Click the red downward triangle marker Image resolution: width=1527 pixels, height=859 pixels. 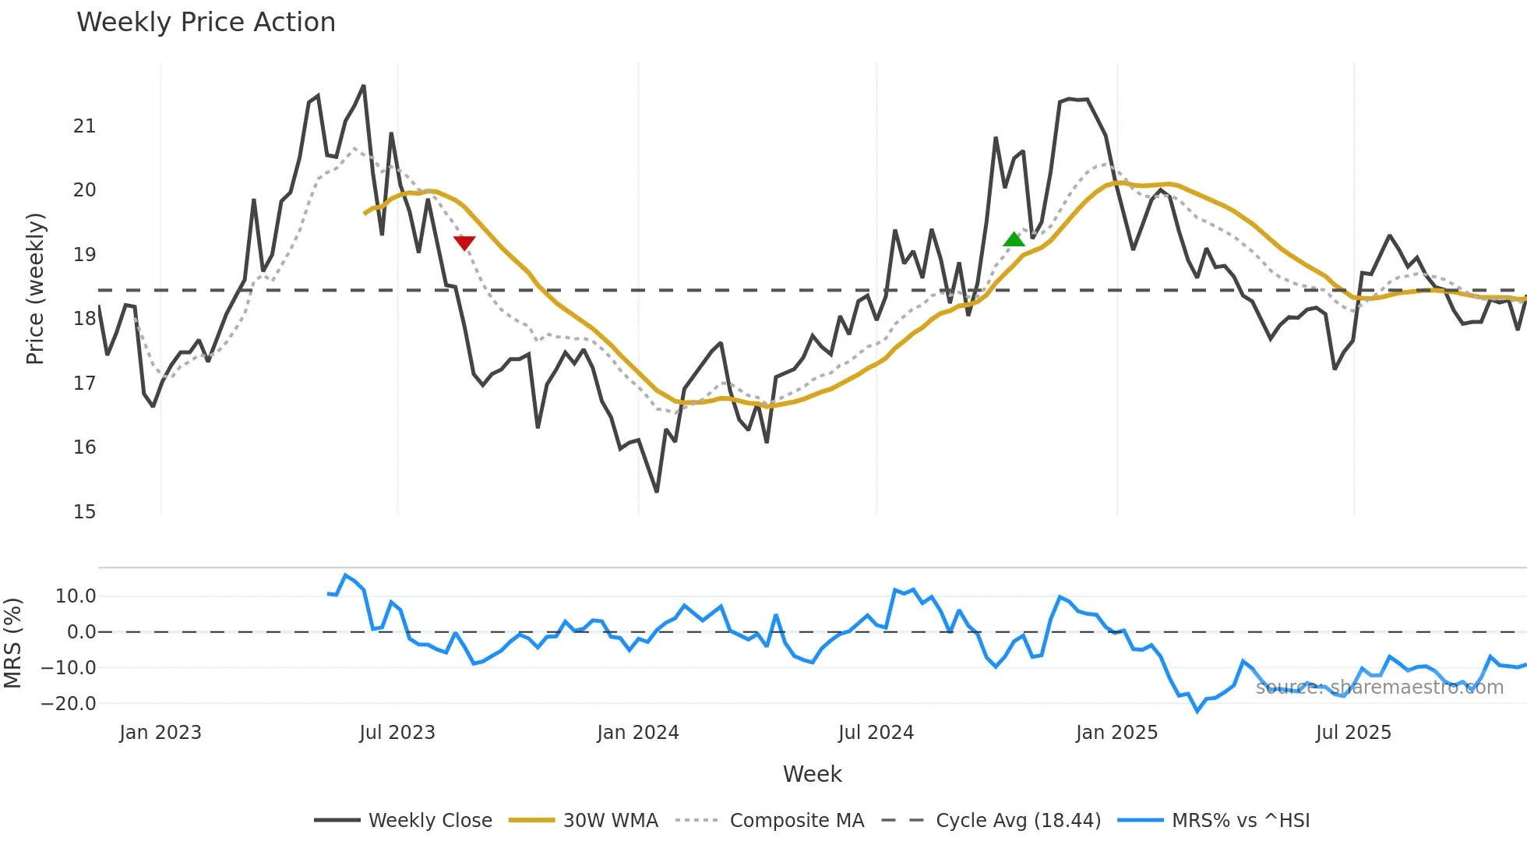click(464, 243)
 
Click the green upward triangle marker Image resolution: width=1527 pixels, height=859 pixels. click(1014, 239)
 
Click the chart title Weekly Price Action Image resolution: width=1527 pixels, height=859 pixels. click(206, 22)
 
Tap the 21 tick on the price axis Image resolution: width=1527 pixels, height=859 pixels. click(84, 126)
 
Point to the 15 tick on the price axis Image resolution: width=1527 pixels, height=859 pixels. click(84, 512)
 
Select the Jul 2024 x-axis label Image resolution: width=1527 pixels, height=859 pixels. click(876, 733)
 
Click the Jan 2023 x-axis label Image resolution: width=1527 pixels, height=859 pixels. click(160, 733)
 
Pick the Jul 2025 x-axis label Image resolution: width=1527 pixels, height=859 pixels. click(1353, 733)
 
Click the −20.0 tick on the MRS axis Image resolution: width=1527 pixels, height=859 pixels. click(69, 704)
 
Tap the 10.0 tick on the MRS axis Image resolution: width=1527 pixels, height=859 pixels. click(75, 596)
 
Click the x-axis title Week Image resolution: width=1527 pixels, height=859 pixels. click(812, 774)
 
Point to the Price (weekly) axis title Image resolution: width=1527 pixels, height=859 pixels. click(35, 288)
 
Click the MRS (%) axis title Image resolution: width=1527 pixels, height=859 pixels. click(12, 643)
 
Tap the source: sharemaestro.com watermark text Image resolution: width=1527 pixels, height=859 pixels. click(1379, 688)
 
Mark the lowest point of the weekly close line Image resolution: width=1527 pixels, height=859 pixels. click(657, 491)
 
